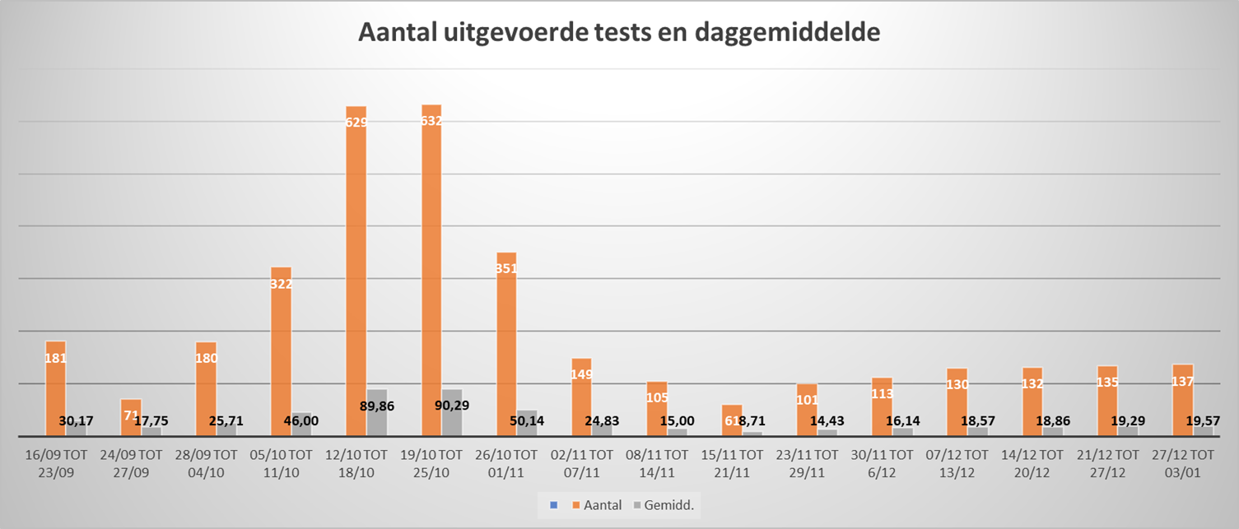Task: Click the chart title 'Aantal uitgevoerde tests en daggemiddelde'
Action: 619,33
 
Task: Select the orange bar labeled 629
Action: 356,271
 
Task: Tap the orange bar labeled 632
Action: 431,271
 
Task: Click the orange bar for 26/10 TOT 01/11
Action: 506,346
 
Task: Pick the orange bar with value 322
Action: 281,354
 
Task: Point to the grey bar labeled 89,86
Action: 377,413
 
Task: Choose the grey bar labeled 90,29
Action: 452,413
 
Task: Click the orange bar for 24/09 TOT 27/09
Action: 131,418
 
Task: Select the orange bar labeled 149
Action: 581,397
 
